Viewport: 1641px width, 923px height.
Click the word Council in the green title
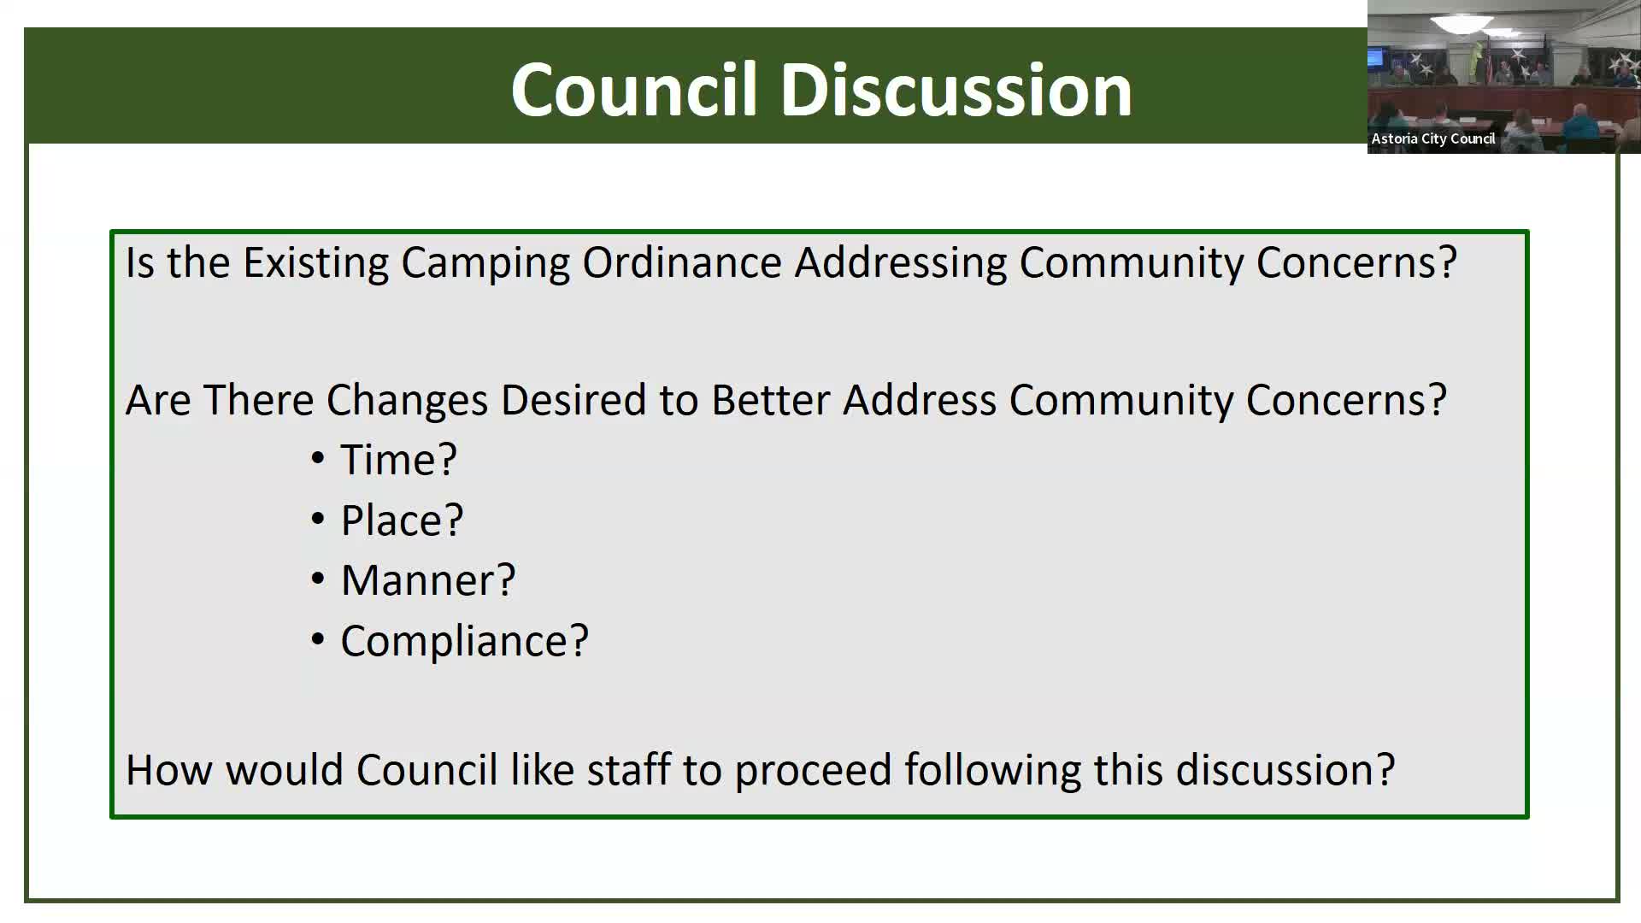click(x=633, y=90)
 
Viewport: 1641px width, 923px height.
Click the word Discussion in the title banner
click(x=956, y=90)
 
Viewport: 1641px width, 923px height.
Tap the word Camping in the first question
click(x=485, y=262)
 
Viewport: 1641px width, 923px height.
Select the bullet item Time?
click(x=398, y=460)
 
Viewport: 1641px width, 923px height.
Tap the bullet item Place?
click(x=402, y=520)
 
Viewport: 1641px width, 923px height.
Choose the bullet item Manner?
click(x=428, y=580)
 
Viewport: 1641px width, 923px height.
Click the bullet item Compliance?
click(x=464, y=641)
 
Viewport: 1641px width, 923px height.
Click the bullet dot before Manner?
click(x=318, y=579)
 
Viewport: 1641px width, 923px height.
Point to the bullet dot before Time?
click(x=318, y=459)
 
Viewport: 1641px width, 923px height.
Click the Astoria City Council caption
click(x=1432, y=138)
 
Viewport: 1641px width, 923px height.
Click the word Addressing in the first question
click(x=900, y=262)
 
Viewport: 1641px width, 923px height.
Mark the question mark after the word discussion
click(x=1385, y=770)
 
